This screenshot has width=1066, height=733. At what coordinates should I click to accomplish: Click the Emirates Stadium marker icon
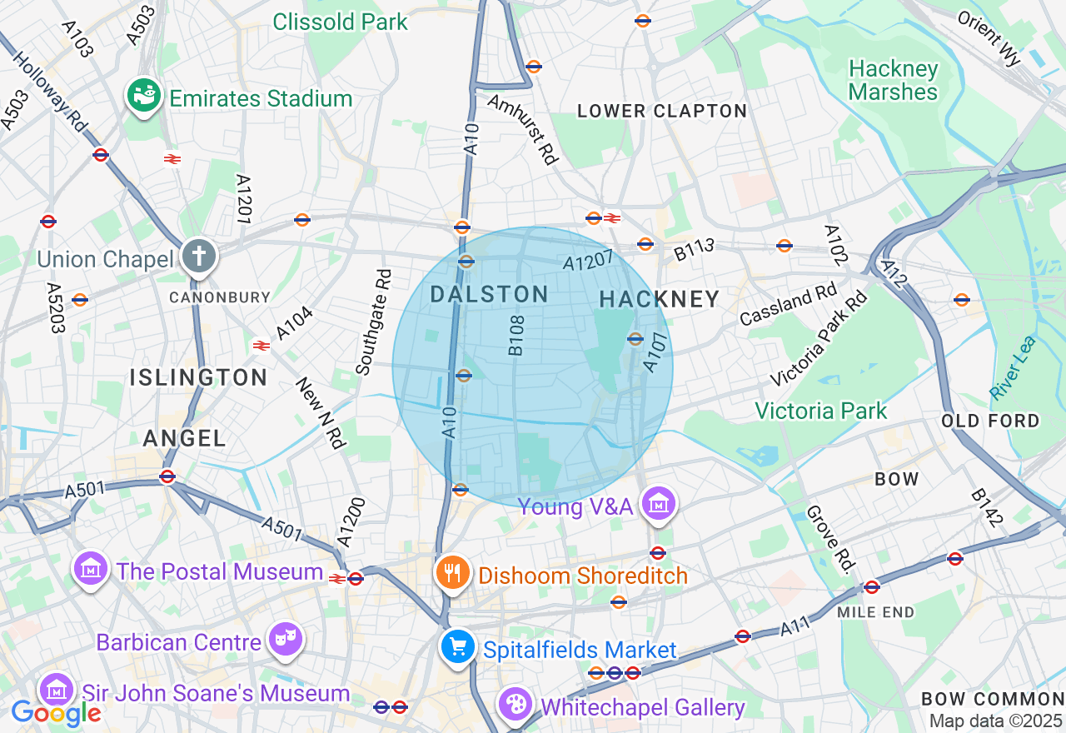click(x=144, y=97)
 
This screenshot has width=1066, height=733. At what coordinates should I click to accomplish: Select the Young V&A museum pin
click(x=659, y=503)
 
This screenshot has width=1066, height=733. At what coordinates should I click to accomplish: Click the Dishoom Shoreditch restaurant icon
click(x=452, y=573)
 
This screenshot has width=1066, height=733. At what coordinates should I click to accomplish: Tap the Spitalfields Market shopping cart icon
click(x=457, y=646)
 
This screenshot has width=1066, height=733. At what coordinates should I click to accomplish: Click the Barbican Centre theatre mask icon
click(x=286, y=640)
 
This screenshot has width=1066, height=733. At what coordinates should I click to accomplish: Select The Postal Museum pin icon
click(x=91, y=569)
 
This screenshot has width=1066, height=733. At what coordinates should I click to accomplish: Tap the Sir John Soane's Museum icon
click(x=56, y=690)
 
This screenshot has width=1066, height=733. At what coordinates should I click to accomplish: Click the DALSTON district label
click(x=489, y=293)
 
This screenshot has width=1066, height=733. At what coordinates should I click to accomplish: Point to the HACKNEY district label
click(x=659, y=299)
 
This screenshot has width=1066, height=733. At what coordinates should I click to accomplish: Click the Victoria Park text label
click(x=820, y=411)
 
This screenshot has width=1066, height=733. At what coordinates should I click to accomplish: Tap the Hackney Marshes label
click(x=894, y=80)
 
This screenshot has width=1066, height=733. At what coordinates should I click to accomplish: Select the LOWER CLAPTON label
click(x=662, y=111)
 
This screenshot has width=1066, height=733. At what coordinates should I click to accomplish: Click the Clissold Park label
click(x=341, y=22)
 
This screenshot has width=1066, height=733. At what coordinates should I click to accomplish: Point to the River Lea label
click(x=1014, y=367)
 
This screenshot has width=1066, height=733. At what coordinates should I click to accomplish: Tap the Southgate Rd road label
click(x=373, y=322)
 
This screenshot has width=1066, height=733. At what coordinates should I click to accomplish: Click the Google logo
click(x=56, y=713)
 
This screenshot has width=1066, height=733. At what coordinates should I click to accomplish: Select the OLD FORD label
click(x=990, y=421)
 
